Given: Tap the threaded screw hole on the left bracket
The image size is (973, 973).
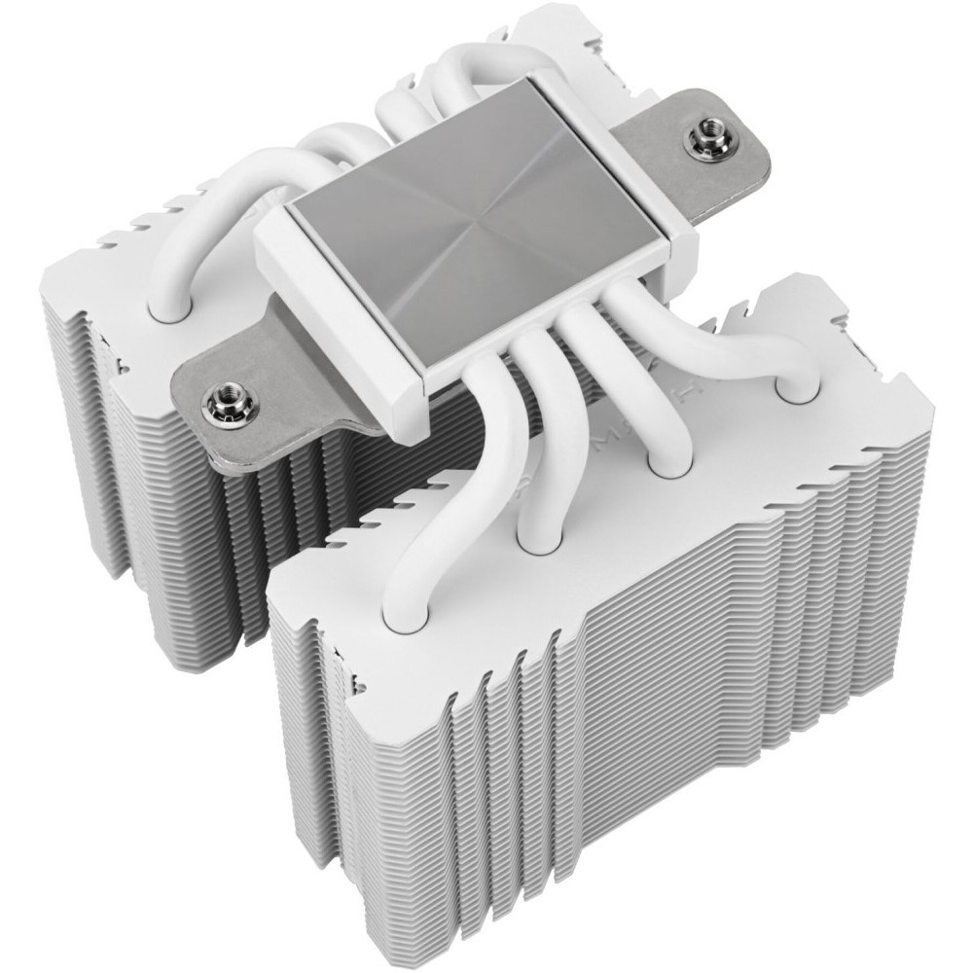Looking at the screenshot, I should pos(214,400).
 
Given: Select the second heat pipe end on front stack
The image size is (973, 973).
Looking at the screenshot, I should pos(537,533).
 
